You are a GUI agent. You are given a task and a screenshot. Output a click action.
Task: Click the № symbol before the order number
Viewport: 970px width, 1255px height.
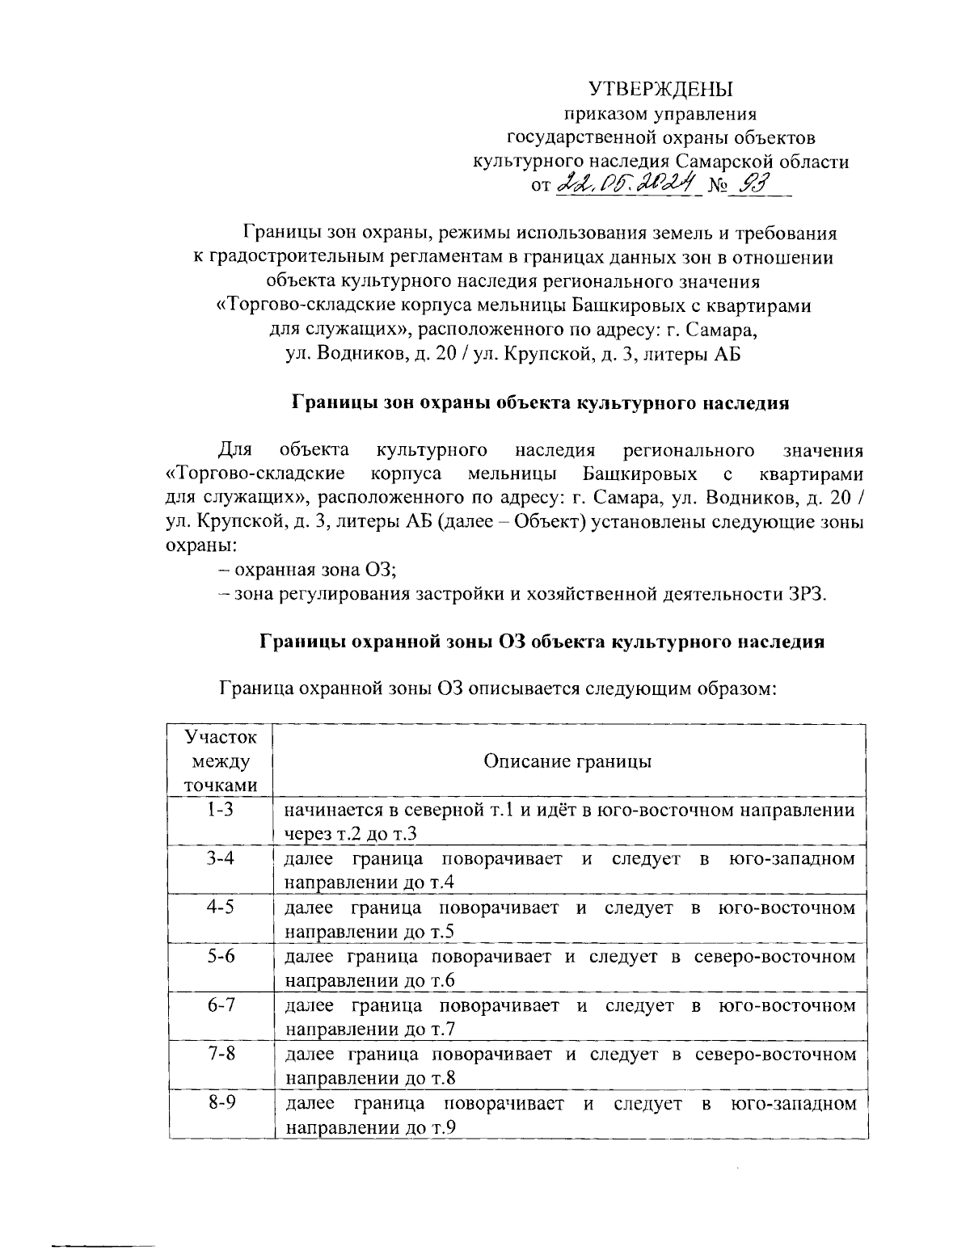pos(718,187)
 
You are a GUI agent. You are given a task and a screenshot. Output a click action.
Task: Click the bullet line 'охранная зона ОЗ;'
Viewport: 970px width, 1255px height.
pos(314,570)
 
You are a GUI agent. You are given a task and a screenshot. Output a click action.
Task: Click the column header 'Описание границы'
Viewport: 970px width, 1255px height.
pos(567,761)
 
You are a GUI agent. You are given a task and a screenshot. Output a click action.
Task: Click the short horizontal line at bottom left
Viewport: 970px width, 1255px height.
pos(103,1246)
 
